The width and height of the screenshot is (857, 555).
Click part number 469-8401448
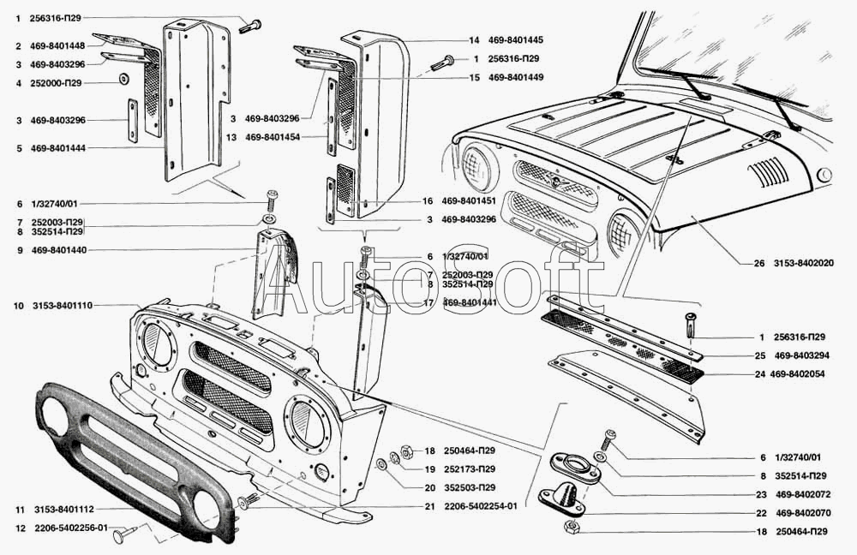click(x=57, y=46)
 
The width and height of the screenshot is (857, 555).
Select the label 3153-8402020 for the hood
click(x=804, y=263)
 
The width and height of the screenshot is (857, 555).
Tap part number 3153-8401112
click(x=64, y=510)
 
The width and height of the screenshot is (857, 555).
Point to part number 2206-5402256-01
click(x=71, y=528)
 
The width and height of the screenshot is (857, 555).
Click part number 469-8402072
click(x=803, y=495)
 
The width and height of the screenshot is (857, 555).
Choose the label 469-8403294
click(x=802, y=355)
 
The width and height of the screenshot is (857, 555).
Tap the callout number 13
click(x=231, y=138)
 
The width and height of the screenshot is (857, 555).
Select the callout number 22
click(x=761, y=514)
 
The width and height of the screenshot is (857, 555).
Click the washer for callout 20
click(x=382, y=465)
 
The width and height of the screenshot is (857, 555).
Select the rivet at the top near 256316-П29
click(x=250, y=26)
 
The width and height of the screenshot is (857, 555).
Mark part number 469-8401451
click(x=469, y=201)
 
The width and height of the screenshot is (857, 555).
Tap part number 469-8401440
click(x=58, y=250)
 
